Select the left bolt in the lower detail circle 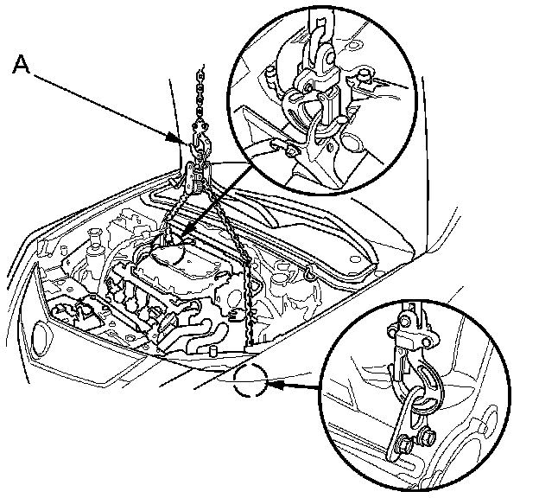tap(403, 446)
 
